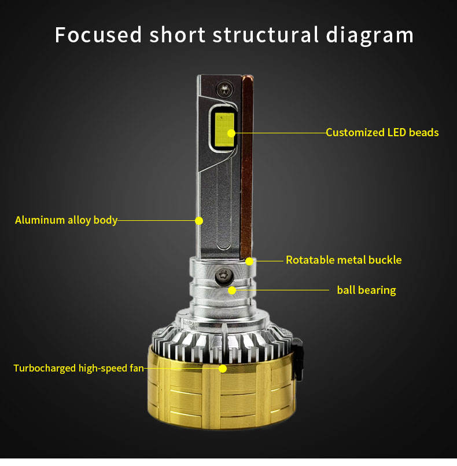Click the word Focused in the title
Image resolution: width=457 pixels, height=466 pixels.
pos(98,35)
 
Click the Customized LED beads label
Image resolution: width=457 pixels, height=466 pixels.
pos(382,133)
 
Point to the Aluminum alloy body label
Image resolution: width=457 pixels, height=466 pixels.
pos(66,220)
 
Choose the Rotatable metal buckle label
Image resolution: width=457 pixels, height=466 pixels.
pos(343,260)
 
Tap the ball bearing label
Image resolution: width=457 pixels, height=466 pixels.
pos(366,290)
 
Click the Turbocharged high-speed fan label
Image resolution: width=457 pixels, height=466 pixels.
pos(78,368)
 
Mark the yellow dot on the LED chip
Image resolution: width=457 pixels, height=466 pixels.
pos(231,133)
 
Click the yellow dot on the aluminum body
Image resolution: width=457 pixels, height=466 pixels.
pos(199,220)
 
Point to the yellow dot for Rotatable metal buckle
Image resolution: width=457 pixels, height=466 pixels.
pos(249,261)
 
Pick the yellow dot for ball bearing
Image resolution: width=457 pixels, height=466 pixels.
pos(232,290)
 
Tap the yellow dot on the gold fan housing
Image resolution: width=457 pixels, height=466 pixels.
pos(223,368)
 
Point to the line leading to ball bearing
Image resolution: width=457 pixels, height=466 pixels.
pos(283,290)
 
